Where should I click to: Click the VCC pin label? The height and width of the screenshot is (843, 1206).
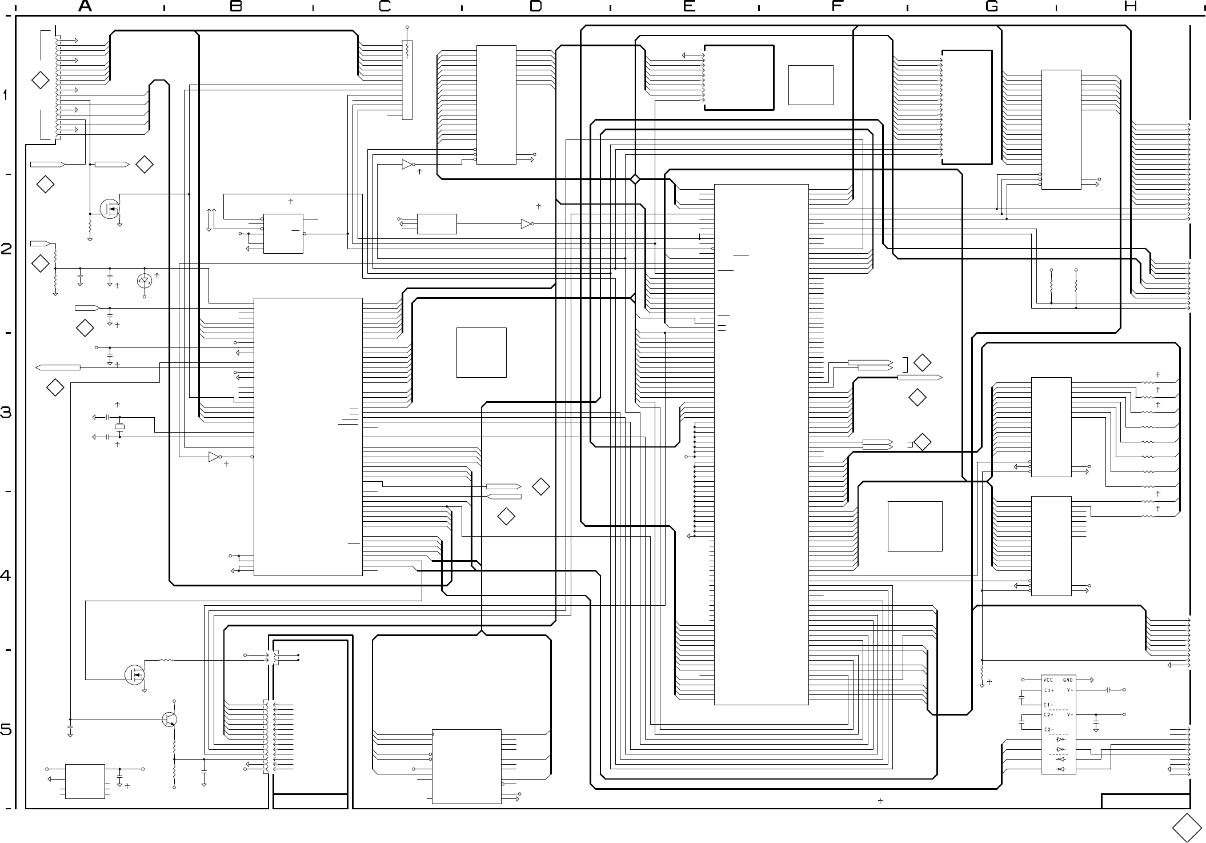pyautogui.click(x=1048, y=680)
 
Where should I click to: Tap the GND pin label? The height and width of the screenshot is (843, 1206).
pyautogui.click(x=1068, y=680)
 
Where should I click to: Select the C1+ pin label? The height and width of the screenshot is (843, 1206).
pyautogui.click(x=1049, y=690)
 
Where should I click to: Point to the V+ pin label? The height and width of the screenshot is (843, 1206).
pyautogui.click(x=1070, y=690)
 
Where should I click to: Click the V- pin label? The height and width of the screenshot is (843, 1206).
pyautogui.click(x=1070, y=714)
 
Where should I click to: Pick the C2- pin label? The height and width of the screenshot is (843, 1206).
pyautogui.click(x=1049, y=729)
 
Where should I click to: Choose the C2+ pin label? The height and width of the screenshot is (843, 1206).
pyautogui.click(x=1049, y=714)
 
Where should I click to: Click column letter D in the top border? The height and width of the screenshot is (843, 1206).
pyautogui.click(x=535, y=6)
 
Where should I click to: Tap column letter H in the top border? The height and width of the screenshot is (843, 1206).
pyautogui.click(x=1130, y=6)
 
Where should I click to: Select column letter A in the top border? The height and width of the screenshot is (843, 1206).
pyautogui.click(x=85, y=6)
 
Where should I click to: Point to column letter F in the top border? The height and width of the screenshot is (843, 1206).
pyautogui.click(x=837, y=6)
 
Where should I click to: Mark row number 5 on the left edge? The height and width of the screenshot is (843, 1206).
pyautogui.click(x=6, y=730)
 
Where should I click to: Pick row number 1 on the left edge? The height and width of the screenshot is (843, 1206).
pyautogui.click(x=6, y=95)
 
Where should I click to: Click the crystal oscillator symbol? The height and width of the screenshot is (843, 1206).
pyautogui.click(x=119, y=427)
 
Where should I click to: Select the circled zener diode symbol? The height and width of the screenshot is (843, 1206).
pyautogui.click(x=145, y=281)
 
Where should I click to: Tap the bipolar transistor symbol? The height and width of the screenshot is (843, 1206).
pyautogui.click(x=170, y=720)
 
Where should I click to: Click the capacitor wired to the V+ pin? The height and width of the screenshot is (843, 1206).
pyautogui.click(x=1108, y=690)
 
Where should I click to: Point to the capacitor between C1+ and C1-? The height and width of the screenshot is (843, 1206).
pyautogui.click(x=1021, y=697)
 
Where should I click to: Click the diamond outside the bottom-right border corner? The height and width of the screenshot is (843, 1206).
pyautogui.click(x=1187, y=828)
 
